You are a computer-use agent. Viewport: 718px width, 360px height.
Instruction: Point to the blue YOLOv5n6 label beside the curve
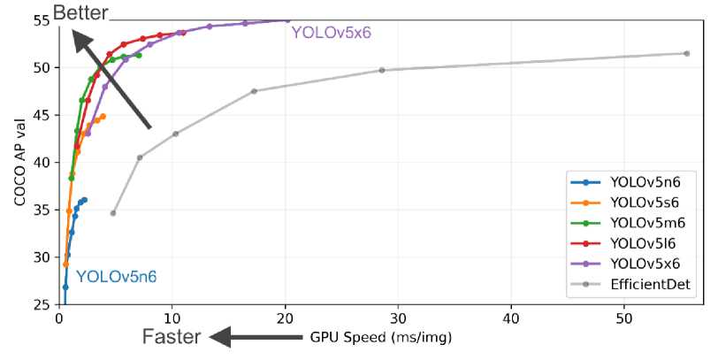pyautogui.click(x=117, y=277)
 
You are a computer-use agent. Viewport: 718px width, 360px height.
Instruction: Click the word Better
pyautogui.click(x=80, y=12)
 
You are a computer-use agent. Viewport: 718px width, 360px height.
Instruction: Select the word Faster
pyautogui.click(x=173, y=337)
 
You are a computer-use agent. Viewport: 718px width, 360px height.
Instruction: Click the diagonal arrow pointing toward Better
pyautogui.click(x=111, y=80)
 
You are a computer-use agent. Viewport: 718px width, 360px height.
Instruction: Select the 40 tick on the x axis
pyautogui.click(x=511, y=317)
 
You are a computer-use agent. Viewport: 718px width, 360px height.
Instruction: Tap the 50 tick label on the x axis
pyautogui.click(x=624, y=317)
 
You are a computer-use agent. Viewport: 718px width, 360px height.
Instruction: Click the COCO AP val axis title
pyautogui.click(x=19, y=164)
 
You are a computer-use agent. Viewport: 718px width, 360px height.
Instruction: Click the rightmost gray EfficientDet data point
pyautogui.click(x=686, y=53)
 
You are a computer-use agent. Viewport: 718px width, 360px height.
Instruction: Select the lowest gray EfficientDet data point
pyautogui.click(x=113, y=213)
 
